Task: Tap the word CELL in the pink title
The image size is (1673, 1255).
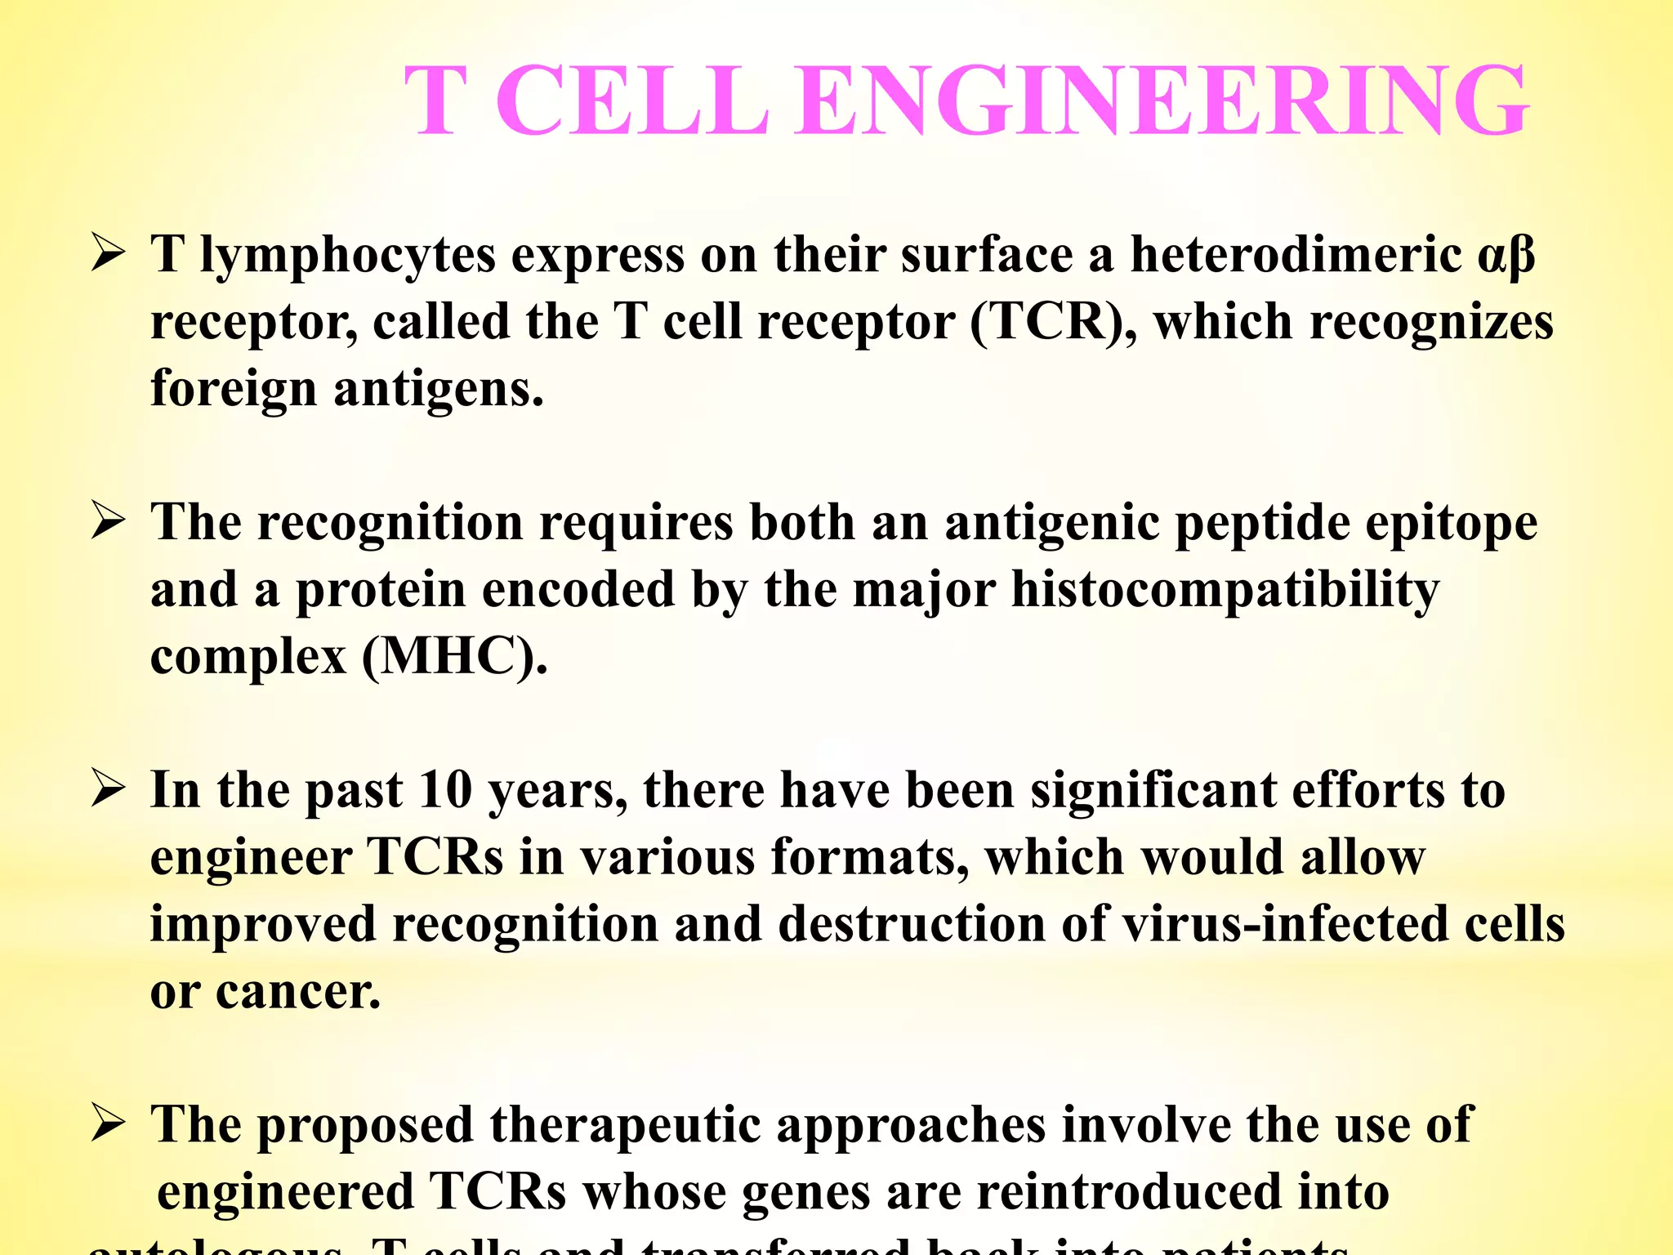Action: (632, 101)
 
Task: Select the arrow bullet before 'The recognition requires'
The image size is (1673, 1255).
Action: (108, 520)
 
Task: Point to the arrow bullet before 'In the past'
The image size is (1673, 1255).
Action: (108, 788)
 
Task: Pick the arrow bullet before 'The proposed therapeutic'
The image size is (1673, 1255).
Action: (108, 1123)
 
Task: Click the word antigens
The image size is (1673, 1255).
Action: (438, 389)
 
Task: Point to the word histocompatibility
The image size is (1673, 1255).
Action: (1225, 590)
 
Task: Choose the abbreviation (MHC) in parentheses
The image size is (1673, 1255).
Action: (454, 657)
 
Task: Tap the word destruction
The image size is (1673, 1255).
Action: (912, 924)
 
